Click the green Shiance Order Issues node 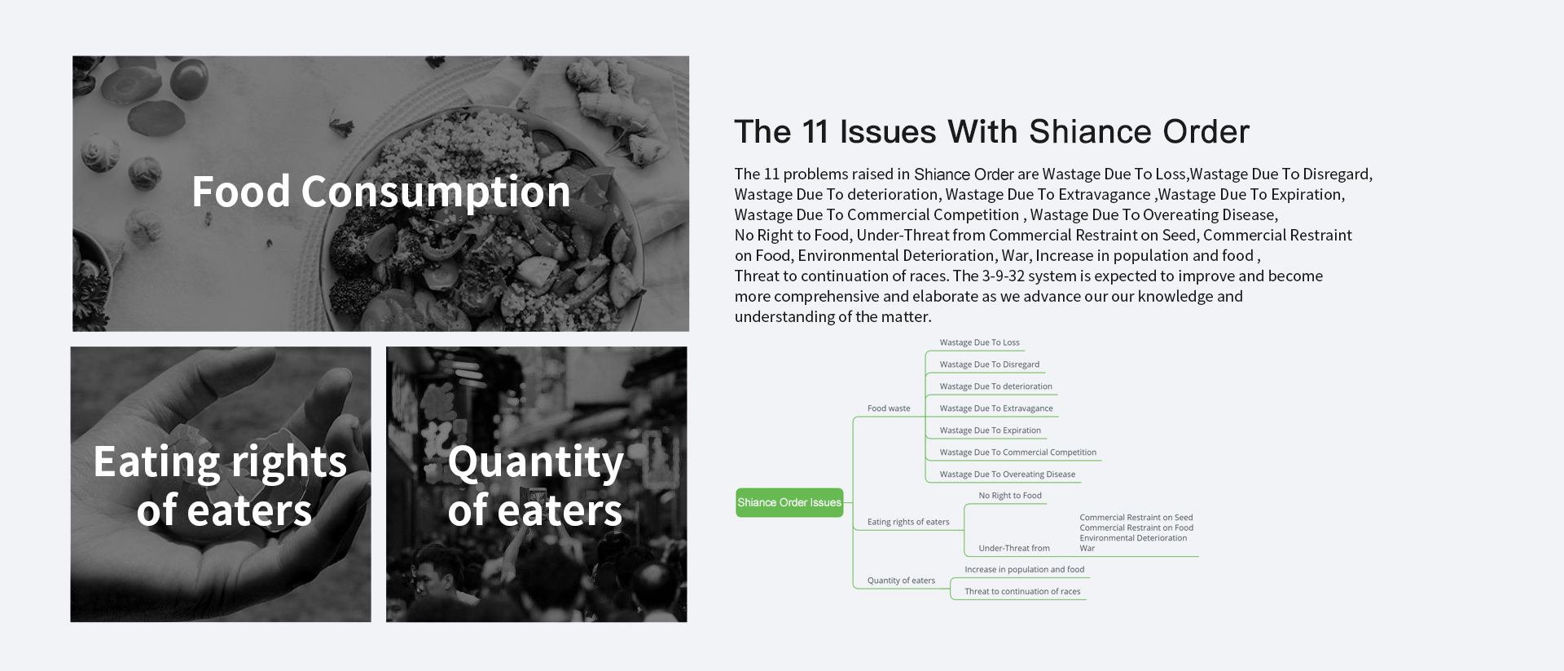789,502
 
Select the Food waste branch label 889,408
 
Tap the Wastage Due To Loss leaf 979,342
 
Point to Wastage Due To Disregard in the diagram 989,364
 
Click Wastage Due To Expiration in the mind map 990,430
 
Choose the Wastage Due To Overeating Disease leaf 1007,475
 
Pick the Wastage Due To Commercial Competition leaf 1017,452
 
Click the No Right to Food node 1010,496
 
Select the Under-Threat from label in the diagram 1014,549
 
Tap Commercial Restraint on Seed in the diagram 1136,518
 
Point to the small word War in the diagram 1087,549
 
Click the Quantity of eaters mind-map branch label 901,581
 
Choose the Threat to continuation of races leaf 1022,592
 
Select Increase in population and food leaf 1024,570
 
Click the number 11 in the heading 815,132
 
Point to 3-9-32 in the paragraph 1004,276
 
